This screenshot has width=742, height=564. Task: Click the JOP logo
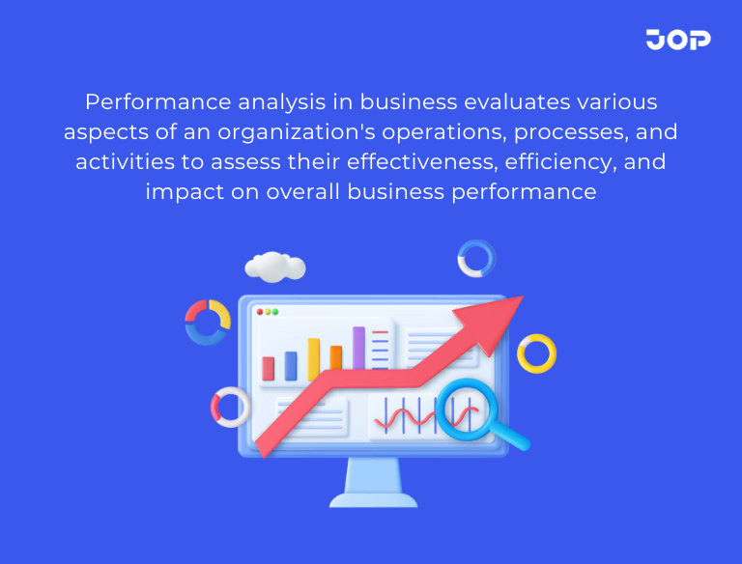click(677, 40)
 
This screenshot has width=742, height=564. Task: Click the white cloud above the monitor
click(275, 266)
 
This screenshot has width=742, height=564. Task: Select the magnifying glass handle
click(515, 438)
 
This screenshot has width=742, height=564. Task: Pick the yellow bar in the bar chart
click(314, 358)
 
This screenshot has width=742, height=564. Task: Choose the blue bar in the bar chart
click(291, 365)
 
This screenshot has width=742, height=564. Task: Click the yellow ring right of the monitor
click(536, 353)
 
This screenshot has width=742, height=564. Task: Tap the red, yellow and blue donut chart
click(208, 322)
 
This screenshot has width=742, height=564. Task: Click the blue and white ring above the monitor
click(475, 259)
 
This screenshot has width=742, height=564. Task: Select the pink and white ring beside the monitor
click(230, 407)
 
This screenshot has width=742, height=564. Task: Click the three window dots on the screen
click(267, 312)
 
